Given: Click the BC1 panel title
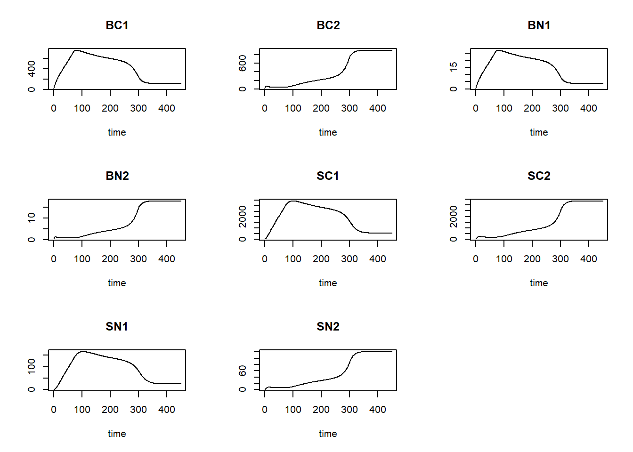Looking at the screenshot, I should coord(117,25).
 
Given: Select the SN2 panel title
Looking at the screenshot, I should coord(328,327).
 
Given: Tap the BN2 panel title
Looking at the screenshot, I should coord(117,176).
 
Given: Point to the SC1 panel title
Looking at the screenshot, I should coord(328,176).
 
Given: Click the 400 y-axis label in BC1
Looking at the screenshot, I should coord(32,69).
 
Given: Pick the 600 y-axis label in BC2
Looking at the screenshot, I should coord(243,63).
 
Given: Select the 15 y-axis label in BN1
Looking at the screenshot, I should coord(454,67).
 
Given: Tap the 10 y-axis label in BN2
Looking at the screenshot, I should coord(32,218).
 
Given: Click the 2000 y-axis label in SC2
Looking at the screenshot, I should coord(454,216).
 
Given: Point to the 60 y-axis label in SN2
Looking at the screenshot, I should coord(243,371).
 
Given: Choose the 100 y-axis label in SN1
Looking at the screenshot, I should coord(32,366).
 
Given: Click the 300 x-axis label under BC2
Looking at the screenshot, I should coord(349,108).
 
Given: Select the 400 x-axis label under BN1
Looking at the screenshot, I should coord(589,108).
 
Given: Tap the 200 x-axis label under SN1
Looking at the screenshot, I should coord(110,410).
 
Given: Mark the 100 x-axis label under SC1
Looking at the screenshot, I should coord(293,259).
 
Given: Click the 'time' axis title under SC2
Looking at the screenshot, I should coord(539,283).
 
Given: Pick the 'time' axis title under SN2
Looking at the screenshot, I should coord(328,434).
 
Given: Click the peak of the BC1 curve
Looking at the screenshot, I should coord(75,50).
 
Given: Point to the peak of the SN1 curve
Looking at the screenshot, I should coord(83,352).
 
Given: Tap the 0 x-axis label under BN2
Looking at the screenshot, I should coord(54,259).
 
